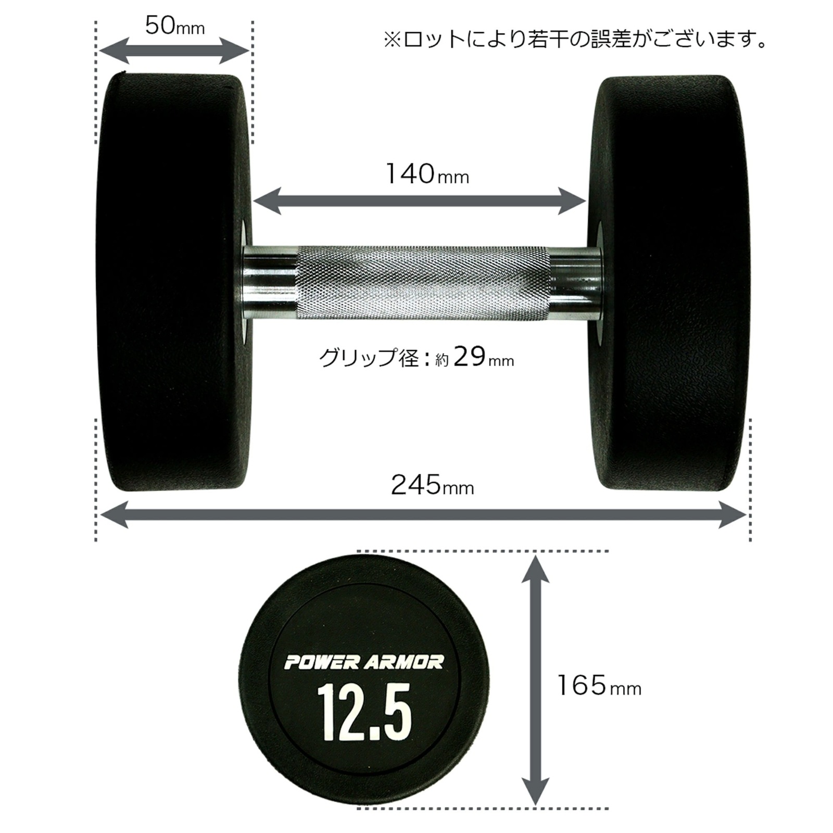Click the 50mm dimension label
coord(174,26)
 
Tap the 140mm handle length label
coord(427,174)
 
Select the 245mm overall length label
coord(432,486)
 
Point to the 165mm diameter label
coord(599,686)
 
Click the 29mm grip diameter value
coord(483,358)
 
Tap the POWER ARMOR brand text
coord(364,663)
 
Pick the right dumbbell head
coord(672,284)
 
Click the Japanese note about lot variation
coord(575,40)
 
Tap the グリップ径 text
coord(369,359)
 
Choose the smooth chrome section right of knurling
coord(575,284)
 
